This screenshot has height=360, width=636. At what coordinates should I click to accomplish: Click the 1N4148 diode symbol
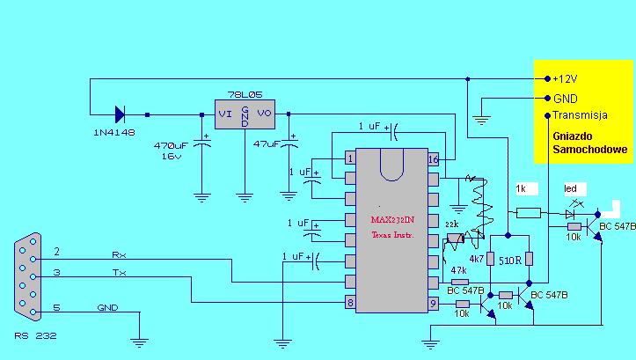coord(121,114)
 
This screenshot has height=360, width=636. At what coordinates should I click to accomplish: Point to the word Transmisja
coord(581,115)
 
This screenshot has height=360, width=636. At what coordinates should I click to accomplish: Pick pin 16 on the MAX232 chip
coord(433,158)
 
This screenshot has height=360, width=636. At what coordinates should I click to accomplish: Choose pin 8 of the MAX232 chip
coord(350,304)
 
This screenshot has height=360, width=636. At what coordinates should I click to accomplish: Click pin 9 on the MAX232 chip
coord(433,304)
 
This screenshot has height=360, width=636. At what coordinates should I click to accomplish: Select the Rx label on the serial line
coord(118,255)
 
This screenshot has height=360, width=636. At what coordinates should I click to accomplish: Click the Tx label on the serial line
coord(118,275)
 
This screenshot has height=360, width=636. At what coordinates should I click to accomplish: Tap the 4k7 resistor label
coord(477,260)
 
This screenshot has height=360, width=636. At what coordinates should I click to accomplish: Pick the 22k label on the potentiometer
coord(452,226)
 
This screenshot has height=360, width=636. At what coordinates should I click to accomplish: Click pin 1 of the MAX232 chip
coord(350,158)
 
